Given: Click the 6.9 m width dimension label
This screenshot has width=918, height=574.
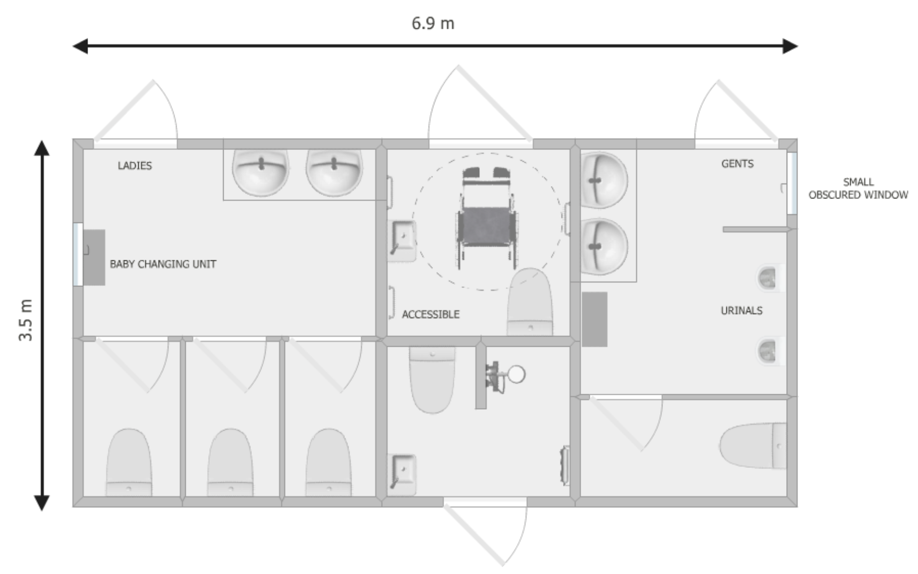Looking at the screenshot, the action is [x=433, y=23].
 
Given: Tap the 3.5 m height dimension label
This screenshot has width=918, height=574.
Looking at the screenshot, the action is [x=26, y=320].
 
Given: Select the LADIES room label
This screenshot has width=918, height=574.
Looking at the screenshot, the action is [x=134, y=166].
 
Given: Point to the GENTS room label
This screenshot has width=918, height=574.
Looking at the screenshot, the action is [x=738, y=164].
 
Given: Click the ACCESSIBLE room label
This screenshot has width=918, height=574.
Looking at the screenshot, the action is [x=431, y=315].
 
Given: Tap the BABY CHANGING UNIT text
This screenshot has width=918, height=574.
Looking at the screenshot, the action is [x=163, y=264].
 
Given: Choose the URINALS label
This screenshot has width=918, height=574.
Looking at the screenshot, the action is [x=742, y=310].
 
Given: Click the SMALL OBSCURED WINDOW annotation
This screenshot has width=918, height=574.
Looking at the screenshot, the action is [x=858, y=188].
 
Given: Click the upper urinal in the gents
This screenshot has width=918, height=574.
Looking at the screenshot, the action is [x=770, y=277].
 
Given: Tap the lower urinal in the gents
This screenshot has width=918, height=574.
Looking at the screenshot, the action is [x=770, y=351].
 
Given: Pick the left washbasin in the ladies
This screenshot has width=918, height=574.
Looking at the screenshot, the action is [x=260, y=172].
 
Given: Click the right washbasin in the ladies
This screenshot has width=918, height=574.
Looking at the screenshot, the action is [x=334, y=172].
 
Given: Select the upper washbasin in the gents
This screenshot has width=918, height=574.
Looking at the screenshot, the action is [x=603, y=180].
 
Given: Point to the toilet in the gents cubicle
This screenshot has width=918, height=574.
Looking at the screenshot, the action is [x=753, y=446].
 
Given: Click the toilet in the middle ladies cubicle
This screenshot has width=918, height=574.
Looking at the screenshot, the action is [x=230, y=462].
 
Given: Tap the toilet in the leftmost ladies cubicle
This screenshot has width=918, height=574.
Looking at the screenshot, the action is [x=129, y=462].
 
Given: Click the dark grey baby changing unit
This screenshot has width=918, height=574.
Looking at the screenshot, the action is [x=94, y=258].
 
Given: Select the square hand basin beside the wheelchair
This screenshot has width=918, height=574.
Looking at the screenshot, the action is [x=402, y=240].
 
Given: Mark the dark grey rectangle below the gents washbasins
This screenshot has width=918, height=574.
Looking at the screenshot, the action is [x=595, y=319].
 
